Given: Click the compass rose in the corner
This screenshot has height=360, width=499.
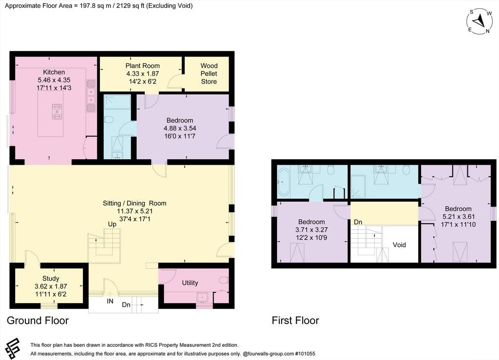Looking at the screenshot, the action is coord(480,21).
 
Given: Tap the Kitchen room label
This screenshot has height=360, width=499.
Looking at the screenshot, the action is coord(54,72).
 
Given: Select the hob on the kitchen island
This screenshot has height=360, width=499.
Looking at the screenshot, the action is coord(58,112).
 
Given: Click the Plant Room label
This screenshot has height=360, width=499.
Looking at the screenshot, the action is coord(143,66).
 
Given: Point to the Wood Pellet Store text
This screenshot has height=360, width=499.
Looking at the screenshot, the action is coord(209,74).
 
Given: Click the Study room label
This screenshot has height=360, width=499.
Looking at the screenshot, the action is coord(51,279).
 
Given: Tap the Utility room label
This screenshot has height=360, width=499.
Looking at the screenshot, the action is coord(190,283).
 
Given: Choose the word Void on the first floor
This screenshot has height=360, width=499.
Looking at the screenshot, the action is coord(399,245).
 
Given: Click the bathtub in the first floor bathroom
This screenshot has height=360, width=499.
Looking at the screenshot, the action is coord(283,182).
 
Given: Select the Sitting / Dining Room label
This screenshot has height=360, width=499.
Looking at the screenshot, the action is coord(134,203).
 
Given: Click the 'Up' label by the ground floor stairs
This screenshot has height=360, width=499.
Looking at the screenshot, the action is coord(112,224).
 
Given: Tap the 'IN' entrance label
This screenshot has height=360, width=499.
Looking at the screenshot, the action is coord(110,301).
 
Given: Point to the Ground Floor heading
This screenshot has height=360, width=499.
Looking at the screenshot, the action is coord(38,320).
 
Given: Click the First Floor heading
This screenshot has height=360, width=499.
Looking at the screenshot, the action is coord(295,320).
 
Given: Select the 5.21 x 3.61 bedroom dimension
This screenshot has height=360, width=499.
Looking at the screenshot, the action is coord(459,217).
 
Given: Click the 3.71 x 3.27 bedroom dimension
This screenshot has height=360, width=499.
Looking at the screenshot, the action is coord(311,229).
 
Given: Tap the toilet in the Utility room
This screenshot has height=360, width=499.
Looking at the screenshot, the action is coord(224,280).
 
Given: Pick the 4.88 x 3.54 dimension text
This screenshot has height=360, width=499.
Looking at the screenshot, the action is coord(180,128).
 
